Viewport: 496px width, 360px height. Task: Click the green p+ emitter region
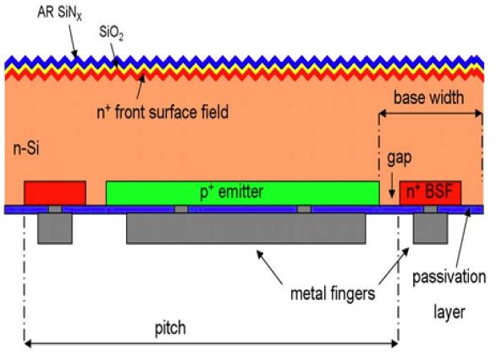coord(242,192)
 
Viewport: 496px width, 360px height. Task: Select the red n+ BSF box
coord(431,192)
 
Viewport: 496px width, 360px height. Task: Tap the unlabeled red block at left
coord(54,192)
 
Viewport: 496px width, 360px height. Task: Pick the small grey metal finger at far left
coord(55,227)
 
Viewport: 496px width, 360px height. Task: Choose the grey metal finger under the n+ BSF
coord(430,227)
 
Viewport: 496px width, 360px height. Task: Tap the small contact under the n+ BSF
coord(430,208)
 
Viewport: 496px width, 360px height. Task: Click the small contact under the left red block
coord(55,208)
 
